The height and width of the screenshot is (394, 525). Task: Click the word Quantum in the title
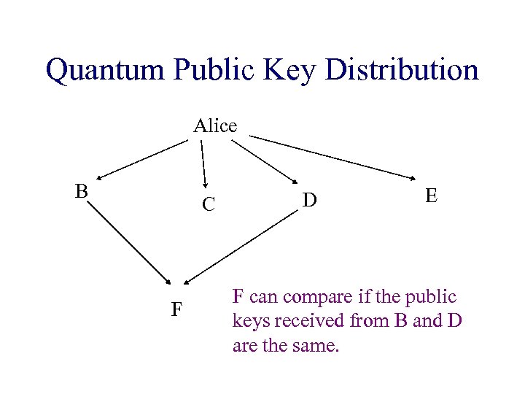tap(105, 71)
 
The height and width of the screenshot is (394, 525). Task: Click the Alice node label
tap(215, 126)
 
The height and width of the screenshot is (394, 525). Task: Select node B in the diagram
tap(82, 191)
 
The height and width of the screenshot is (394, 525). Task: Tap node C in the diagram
tap(208, 206)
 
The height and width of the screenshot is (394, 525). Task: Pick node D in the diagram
tap(309, 198)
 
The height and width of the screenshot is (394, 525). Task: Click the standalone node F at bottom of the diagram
tap(176, 309)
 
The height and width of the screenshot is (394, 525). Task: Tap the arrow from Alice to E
tap(335, 156)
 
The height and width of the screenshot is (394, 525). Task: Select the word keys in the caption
tap(249, 321)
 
